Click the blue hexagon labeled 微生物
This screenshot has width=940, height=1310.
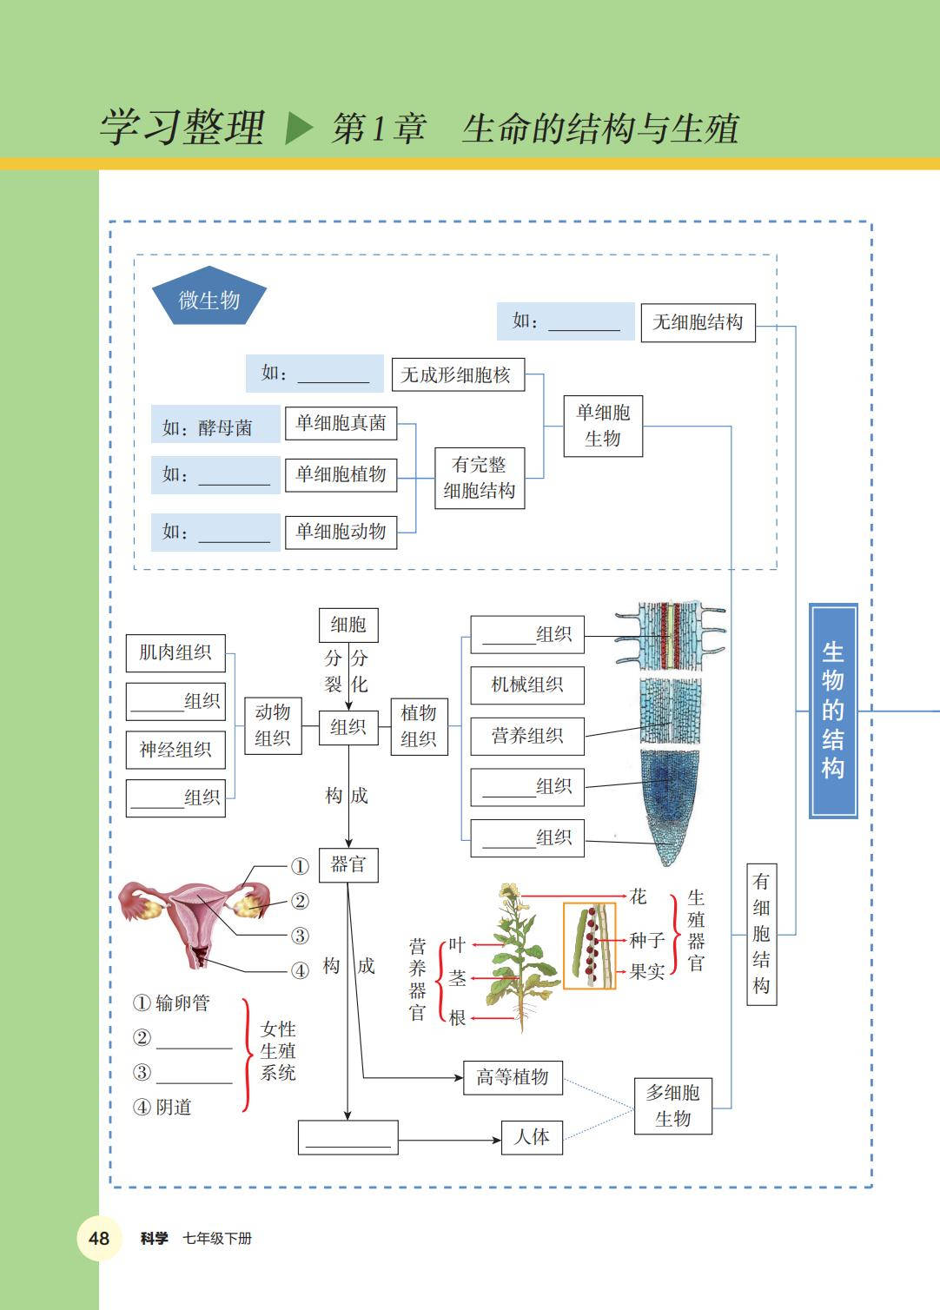[x=209, y=301]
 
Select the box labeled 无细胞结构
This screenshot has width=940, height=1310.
[x=698, y=322]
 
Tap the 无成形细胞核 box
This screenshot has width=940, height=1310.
[x=457, y=375]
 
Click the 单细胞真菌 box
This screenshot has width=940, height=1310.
[x=341, y=423]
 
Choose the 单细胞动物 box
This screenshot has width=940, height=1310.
[x=341, y=531]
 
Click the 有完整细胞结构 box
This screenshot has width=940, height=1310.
[x=479, y=478]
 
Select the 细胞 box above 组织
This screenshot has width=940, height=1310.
[x=348, y=625]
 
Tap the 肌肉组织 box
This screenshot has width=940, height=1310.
[x=175, y=652]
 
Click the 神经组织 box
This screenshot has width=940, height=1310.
[x=175, y=750]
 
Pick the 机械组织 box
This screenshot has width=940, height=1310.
[x=526, y=685]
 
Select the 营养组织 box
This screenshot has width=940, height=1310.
[x=526, y=736]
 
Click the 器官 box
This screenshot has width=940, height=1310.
[x=348, y=864]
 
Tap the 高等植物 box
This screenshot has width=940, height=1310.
[x=513, y=1077]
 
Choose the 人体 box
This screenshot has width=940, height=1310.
[x=532, y=1136]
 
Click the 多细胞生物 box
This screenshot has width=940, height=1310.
[x=673, y=1105]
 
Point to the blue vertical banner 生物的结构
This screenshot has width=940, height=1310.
[x=833, y=710]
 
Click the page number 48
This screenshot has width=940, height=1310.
[x=99, y=1238]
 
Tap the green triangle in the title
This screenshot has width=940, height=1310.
[x=298, y=129]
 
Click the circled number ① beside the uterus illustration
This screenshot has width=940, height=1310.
[x=300, y=866]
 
